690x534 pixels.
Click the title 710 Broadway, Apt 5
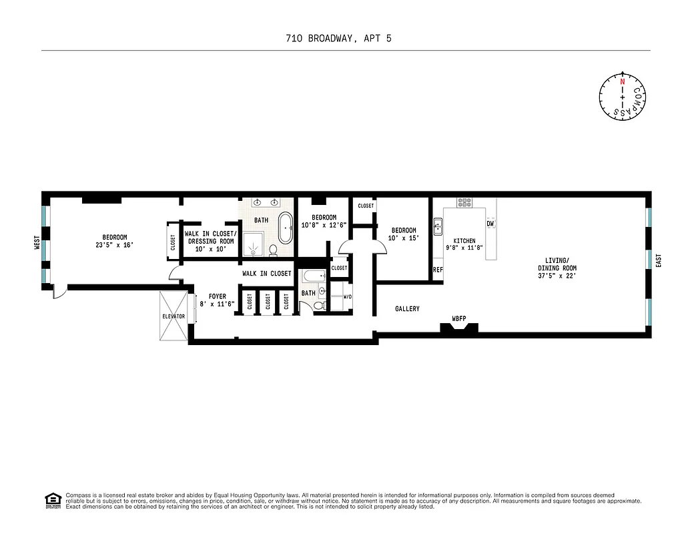coord(344,38)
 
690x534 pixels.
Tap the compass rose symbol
coord(623,97)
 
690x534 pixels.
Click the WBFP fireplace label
coord(458,318)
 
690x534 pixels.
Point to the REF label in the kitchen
coord(438,270)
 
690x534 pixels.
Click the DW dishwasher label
coord(490,224)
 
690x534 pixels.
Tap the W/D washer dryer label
coord(348,297)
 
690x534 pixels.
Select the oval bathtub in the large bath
coord(286,228)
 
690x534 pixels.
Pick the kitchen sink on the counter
coord(438,227)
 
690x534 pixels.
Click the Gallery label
coord(407,308)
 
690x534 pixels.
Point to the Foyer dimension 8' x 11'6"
coord(218,304)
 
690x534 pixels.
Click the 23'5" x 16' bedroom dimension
coord(115,245)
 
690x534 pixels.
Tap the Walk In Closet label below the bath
coord(266,273)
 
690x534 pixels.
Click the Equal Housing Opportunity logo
coord(51,500)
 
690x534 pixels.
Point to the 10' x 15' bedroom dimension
coord(404,238)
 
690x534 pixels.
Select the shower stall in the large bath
coord(253,244)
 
